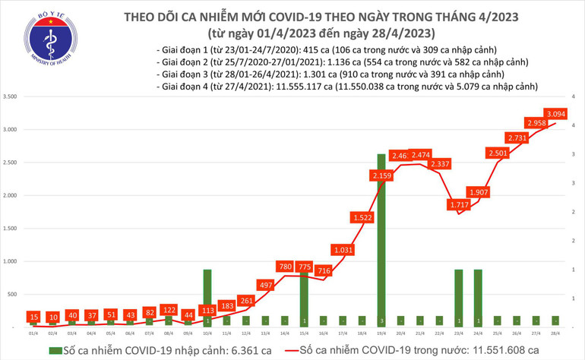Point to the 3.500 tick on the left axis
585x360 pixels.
pos(11,97)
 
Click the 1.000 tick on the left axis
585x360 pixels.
pos(11,261)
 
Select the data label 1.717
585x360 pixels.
pos(460,206)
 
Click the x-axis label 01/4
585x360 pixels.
pos(33,332)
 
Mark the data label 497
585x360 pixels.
pos(264,284)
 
